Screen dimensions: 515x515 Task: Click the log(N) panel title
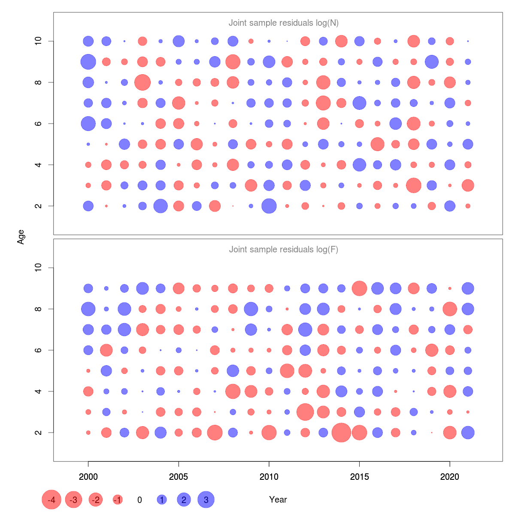coord(284,23)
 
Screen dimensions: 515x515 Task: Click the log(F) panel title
coord(284,249)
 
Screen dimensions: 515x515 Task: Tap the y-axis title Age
coord(21,237)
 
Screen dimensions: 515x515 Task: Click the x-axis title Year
coord(278,500)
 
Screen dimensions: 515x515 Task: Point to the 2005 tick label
coord(179,476)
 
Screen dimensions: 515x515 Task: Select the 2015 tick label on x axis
coord(359,476)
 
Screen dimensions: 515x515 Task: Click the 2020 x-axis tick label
coord(450,476)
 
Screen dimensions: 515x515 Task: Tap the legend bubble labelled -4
coord(51,500)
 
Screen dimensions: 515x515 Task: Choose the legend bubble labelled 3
coord(206,500)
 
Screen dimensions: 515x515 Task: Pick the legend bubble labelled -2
coord(96,500)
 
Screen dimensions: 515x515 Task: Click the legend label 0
coord(139,500)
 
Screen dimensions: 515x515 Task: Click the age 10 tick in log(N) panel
coord(39,41)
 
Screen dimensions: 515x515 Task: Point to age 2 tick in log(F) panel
coord(39,433)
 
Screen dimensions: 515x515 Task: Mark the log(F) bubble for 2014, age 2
coord(341,433)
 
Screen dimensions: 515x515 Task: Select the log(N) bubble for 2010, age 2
coord(269,206)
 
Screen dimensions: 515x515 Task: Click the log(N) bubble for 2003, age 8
coord(142,82)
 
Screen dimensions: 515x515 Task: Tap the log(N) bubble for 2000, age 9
coord(88,62)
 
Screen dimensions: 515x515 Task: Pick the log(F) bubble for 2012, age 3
coord(305,412)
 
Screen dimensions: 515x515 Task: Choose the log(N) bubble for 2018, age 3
coord(414,185)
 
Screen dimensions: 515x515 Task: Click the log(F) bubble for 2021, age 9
coord(468,288)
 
